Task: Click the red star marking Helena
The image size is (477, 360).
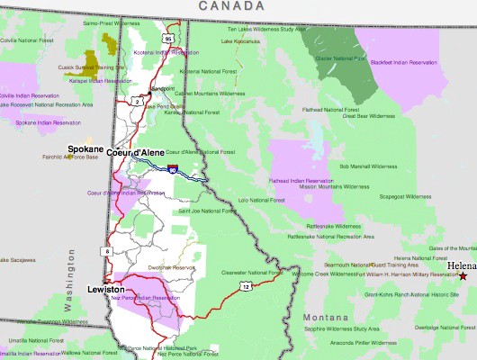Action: (x=463, y=276)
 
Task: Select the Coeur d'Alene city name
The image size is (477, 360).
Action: (x=133, y=152)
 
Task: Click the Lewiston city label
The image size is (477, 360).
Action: (x=106, y=289)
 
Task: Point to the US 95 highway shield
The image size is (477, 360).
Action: (x=168, y=40)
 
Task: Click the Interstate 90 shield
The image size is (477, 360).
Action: (x=171, y=167)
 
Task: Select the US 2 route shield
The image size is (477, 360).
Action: (x=137, y=102)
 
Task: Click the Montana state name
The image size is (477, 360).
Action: (x=325, y=319)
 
